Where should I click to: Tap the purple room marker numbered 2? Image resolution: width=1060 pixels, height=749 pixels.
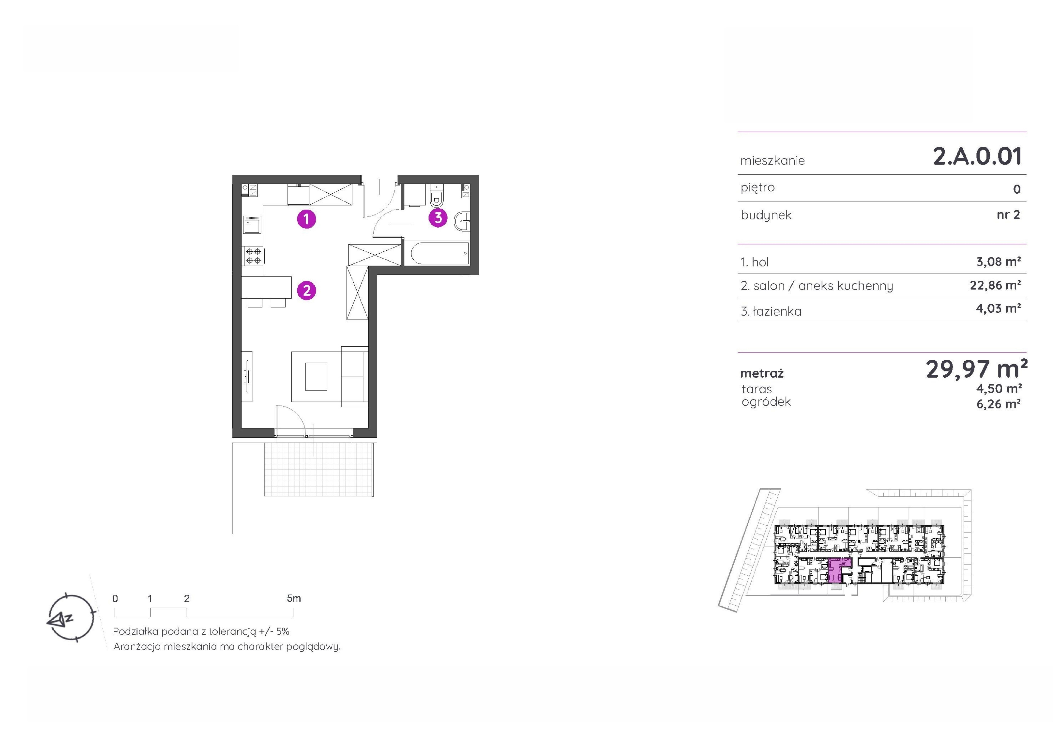pos(307,291)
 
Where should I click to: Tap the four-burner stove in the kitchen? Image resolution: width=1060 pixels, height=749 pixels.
pos(253,256)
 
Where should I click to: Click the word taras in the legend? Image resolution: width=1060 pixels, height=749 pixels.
pos(757,389)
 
